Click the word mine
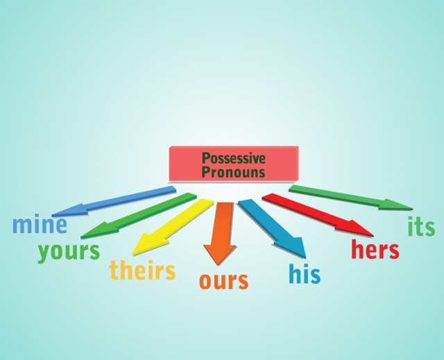(x=40, y=224)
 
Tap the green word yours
(x=69, y=252)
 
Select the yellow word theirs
(x=142, y=270)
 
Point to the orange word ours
(x=223, y=281)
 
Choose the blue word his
(x=305, y=273)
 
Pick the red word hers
(x=375, y=249)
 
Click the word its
(x=421, y=226)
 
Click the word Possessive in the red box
(x=234, y=158)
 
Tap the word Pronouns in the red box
(x=234, y=172)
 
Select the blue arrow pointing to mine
(x=114, y=201)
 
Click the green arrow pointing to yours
(x=139, y=216)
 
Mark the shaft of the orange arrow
(x=223, y=224)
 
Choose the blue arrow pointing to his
(x=272, y=229)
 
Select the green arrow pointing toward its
(x=350, y=198)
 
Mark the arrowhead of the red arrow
(x=355, y=227)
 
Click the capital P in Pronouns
(x=205, y=172)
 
